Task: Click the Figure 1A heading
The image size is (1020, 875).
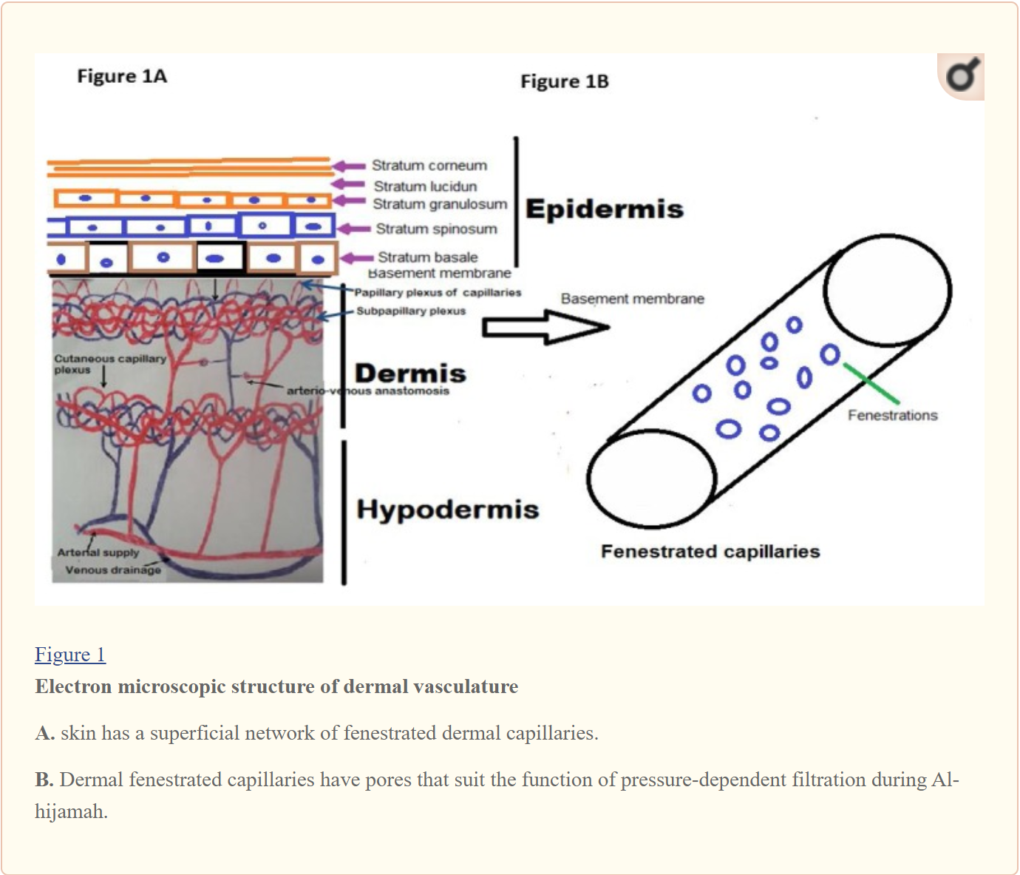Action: (122, 76)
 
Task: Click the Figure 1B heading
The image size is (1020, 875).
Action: (564, 81)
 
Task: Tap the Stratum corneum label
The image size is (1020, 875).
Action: (429, 166)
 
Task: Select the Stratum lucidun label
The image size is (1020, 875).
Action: (425, 186)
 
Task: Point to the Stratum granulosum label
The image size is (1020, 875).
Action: (440, 204)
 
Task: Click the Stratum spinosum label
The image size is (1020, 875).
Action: (436, 229)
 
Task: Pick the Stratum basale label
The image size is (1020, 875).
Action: (427, 257)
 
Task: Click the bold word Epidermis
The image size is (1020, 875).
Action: (604, 209)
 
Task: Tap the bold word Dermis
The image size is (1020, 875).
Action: (410, 373)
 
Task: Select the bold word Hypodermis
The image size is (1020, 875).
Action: (447, 510)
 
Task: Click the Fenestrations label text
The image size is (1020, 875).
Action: (892, 416)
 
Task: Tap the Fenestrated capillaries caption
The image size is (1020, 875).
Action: (710, 552)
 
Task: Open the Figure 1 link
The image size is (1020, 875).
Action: (70, 655)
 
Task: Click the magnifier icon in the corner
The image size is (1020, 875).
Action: (962, 76)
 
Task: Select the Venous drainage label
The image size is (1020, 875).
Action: (112, 570)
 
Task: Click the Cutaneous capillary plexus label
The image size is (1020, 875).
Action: (109, 364)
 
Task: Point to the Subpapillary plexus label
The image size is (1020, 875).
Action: (411, 311)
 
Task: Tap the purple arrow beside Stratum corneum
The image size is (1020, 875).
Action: (349, 166)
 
